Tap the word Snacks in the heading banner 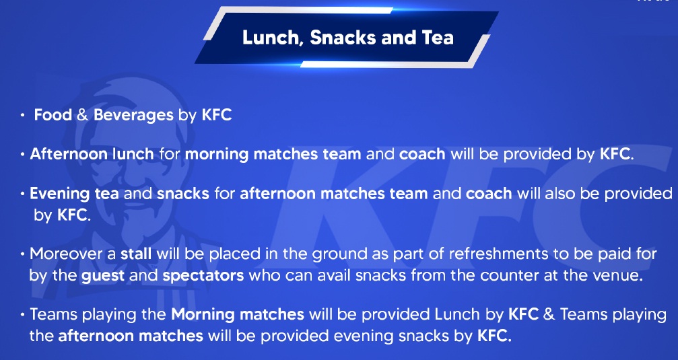click(343, 37)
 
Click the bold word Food click(53, 115)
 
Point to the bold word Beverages click(133, 115)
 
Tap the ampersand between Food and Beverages click(83, 115)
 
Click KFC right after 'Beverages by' click(217, 115)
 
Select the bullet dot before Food click(22, 116)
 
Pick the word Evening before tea click(60, 193)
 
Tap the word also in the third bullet click(560, 193)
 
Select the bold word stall click(136, 253)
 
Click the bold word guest click(102, 276)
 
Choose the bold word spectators click(203, 276)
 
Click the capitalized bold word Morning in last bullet click(203, 314)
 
